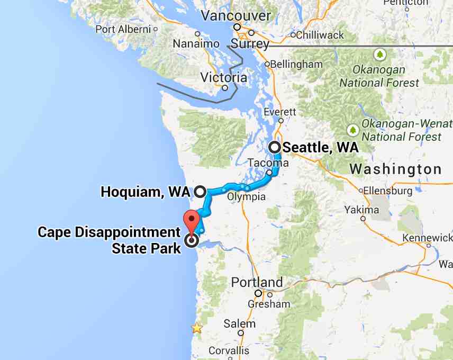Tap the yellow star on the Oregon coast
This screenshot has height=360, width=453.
tap(197, 328)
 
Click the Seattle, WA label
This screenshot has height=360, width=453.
tap(321, 147)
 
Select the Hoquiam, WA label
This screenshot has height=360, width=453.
tap(145, 192)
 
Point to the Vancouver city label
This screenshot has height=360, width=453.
tap(235, 15)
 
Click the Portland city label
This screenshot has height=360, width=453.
tap(257, 282)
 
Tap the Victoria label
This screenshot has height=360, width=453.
tap(223, 78)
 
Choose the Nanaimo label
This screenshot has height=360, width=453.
tap(196, 43)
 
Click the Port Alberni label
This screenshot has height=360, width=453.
tap(123, 29)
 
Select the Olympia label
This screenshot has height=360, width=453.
tap(246, 197)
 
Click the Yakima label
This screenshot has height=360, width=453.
tap(361, 210)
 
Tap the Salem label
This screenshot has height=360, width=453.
tap(239, 323)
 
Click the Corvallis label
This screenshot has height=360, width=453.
tap(229, 350)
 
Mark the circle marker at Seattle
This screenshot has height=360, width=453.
tap(275, 147)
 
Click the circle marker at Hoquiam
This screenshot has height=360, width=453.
tap(200, 192)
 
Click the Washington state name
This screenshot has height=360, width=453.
tap(396, 169)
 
